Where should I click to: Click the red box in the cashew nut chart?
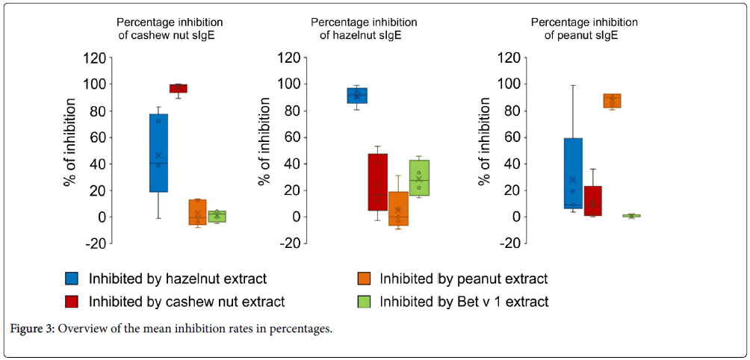point(178,88)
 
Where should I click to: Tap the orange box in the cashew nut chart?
point(198,212)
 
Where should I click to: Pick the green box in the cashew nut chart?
point(217,217)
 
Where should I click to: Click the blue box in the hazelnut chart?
point(357,96)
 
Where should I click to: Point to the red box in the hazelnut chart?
point(377,182)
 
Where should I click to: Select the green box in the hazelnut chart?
point(418,178)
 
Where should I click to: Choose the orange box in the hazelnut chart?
point(398,208)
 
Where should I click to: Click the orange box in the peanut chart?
point(612,101)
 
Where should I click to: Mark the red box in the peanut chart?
point(593,201)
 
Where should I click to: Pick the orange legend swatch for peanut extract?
point(363,279)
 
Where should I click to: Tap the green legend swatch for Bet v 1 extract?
point(363,302)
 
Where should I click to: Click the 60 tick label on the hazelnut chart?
point(291,137)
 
